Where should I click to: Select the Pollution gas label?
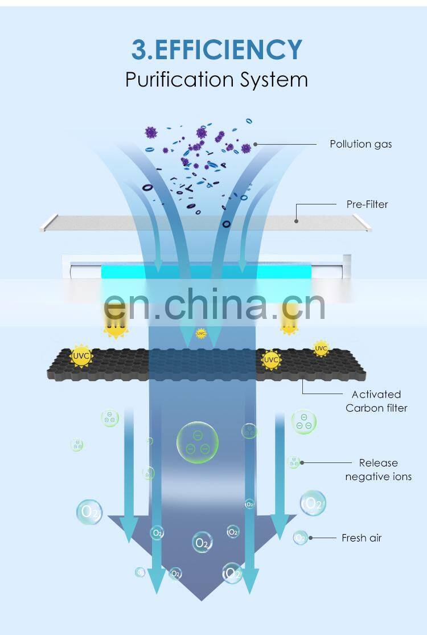click(360, 144)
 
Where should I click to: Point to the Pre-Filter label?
click(367, 204)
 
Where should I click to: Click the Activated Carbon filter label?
click(376, 401)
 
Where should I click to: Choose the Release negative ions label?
click(378, 470)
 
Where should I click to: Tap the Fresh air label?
click(362, 538)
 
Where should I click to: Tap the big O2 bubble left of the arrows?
click(89, 511)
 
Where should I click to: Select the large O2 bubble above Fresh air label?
click(313, 503)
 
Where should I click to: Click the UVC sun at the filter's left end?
click(79, 357)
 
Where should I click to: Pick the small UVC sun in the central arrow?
click(201, 333)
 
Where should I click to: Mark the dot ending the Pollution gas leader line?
click(256, 144)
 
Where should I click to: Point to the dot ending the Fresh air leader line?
click(310, 538)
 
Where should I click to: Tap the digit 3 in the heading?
click(139, 50)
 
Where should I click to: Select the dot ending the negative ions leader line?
click(302, 463)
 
